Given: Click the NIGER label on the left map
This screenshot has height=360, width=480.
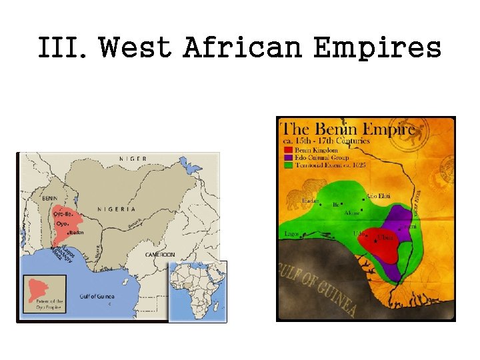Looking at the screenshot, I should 133,159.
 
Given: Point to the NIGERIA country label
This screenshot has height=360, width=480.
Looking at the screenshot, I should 116,209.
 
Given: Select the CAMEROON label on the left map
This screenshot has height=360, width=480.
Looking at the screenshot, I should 160,255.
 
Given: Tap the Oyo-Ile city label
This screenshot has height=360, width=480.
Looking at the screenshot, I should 63,214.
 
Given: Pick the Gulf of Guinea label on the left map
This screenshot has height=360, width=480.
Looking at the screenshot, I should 97,297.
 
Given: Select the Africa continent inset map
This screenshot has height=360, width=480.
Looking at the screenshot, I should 197,291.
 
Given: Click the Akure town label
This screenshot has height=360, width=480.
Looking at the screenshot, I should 351,213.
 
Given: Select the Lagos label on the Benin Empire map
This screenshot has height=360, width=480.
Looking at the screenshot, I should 292,234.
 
